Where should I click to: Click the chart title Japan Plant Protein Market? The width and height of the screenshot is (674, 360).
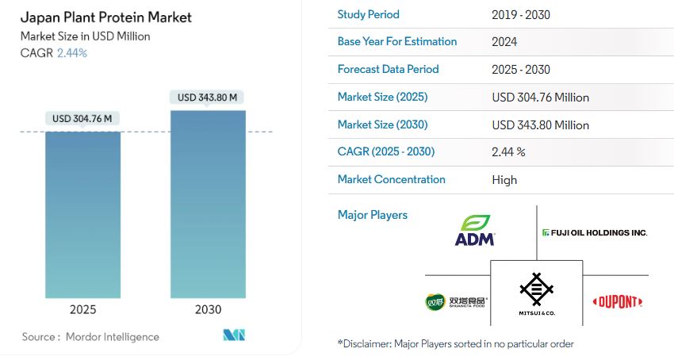[106, 17]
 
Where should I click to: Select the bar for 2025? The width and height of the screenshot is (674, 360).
[82, 214]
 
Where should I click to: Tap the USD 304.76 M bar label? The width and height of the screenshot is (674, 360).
[82, 119]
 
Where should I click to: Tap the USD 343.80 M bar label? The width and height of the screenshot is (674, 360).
[208, 98]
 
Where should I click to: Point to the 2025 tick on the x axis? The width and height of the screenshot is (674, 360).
[82, 309]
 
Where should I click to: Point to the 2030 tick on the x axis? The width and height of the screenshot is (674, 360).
[208, 309]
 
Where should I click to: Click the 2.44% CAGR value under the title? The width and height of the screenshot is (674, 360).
[72, 53]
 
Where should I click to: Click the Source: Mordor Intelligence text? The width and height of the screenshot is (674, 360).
[90, 337]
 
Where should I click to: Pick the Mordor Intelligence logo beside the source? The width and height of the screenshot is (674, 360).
[235, 336]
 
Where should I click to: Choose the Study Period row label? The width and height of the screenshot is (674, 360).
[369, 14]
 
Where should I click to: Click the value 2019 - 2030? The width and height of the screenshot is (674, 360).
[521, 14]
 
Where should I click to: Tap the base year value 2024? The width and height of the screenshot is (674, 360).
[504, 41]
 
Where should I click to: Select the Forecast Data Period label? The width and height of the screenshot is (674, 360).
[388, 69]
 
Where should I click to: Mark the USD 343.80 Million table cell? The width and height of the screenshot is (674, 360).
[540, 124]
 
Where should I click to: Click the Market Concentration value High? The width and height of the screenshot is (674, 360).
[504, 179]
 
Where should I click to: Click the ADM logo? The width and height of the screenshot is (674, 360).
[474, 230]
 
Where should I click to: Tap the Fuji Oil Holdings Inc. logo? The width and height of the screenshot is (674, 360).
[595, 232]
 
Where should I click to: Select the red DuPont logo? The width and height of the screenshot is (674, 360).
[620, 302]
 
